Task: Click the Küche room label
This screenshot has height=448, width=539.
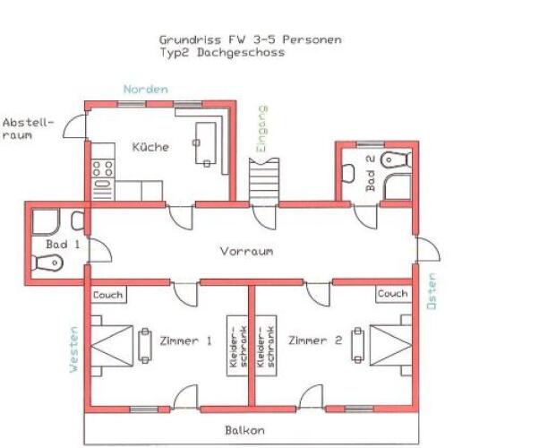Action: tap(150, 147)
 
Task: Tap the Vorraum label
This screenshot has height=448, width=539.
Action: tap(246, 251)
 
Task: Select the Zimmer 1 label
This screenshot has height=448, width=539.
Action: tap(185, 341)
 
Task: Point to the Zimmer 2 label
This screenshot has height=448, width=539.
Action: tap(315, 340)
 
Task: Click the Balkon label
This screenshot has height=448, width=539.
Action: tap(244, 430)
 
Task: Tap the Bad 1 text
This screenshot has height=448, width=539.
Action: tap(63, 245)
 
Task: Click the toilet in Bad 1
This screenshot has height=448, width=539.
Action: tap(47, 263)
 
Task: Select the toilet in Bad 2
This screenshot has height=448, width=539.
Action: tap(396, 159)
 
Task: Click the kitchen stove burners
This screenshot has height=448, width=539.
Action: tap(103, 168)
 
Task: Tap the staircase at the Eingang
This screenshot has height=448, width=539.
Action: tap(264, 182)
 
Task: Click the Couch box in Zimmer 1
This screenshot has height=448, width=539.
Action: tap(108, 295)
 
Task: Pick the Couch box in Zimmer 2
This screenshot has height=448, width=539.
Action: tap(393, 294)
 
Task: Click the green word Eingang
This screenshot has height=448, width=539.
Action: tap(262, 129)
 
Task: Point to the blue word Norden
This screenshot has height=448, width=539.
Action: tap(146, 90)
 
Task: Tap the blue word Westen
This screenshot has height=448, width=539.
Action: tap(74, 349)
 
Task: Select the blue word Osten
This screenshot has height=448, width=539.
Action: tap(432, 291)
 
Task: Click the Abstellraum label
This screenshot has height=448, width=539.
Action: tap(28, 129)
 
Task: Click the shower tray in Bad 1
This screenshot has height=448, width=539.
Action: tap(46, 221)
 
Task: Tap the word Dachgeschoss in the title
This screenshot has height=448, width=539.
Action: tap(241, 53)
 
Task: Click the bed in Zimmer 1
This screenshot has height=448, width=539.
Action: tap(112, 346)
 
